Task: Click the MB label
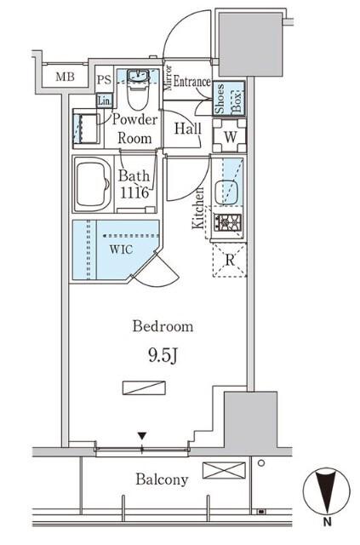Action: [x=65, y=77]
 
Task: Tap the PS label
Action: [x=104, y=80]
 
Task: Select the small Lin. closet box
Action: [x=104, y=100]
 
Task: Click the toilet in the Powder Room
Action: [x=138, y=89]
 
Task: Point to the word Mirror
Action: [x=169, y=77]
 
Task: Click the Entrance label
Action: [x=192, y=82]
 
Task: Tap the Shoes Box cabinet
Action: [x=229, y=99]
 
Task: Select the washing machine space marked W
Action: [x=229, y=136]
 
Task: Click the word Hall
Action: [x=188, y=129]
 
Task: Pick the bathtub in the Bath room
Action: [x=93, y=183]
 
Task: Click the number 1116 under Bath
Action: [x=134, y=192]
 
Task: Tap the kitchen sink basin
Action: [x=226, y=192]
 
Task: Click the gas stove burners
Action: [x=227, y=222]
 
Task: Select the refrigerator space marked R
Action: [x=229, y=260]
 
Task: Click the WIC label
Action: [x=121, y=250]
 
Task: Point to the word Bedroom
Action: [x=163, y=326]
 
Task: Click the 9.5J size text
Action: [x=163, y=355]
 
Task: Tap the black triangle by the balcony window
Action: [x=142, y=436]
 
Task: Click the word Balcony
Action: [x=162, y=479]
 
